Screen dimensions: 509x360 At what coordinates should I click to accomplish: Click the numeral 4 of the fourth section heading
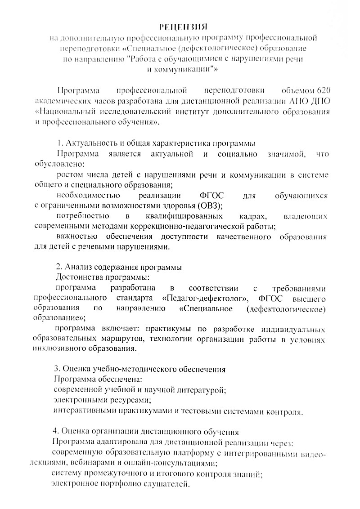tap(55, 432)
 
